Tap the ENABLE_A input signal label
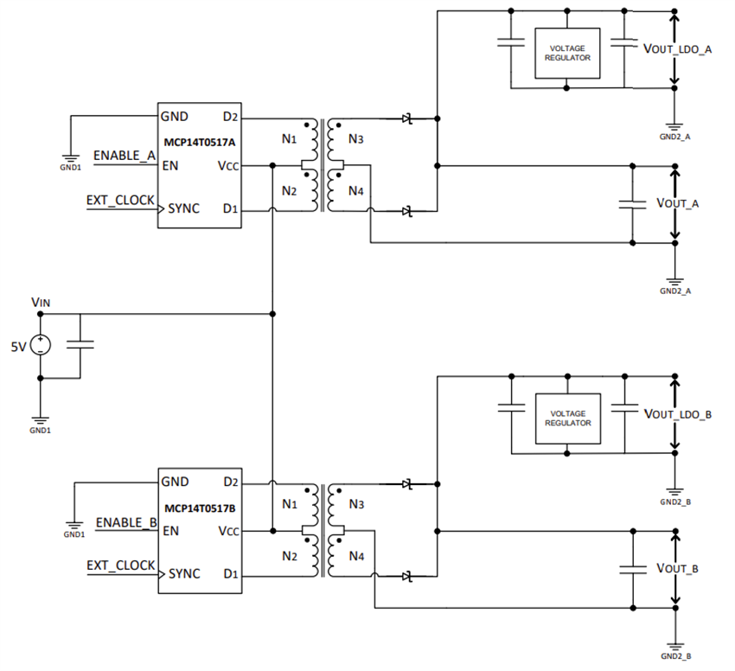click(124, 156)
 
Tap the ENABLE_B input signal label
click(125, 522)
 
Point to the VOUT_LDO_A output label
click(678, 49)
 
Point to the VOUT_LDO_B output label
click(678, 414)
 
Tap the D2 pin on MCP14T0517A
click(230, 117)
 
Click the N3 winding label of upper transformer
click(356, 139)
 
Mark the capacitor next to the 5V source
click(80, 345)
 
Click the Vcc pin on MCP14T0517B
click(227, 531)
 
